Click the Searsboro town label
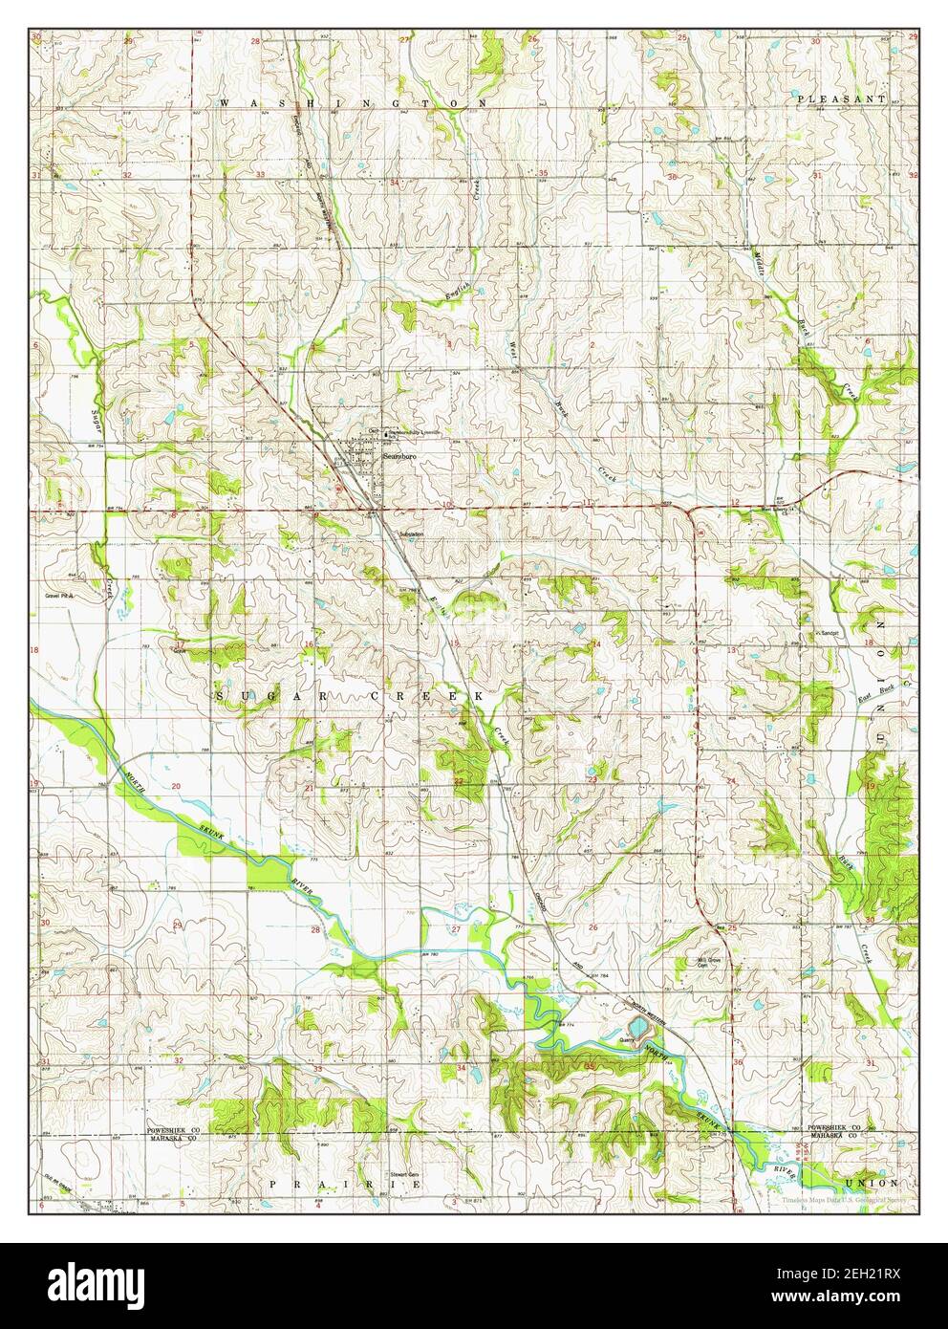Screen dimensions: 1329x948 click(402, 458)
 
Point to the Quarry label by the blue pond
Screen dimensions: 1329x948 click(628, 1034)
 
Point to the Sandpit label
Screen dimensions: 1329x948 click(827, 633)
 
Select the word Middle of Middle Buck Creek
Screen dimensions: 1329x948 click(761, 262)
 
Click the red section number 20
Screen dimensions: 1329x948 click(176, 785)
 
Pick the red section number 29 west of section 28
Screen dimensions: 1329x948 click(178, 926)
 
